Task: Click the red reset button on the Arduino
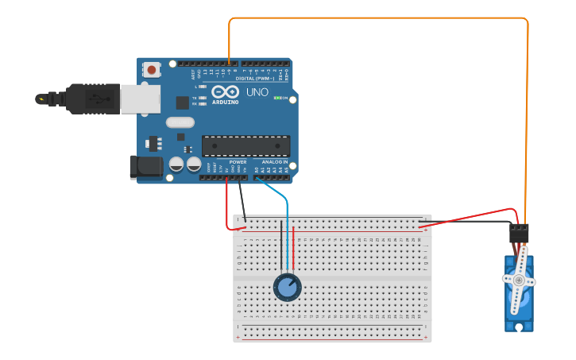[x=151, y=70]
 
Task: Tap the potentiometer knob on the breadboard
[x=287, y=287]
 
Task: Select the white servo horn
[x=519, y=280]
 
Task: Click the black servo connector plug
[x=519, y=232]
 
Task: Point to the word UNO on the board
[x=257, y=92]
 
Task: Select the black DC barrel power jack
[x=145, y=167]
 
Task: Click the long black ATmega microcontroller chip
[x=245, y=145]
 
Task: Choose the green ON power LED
[x=277, y=98]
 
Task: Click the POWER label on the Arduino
[x=238, y=161]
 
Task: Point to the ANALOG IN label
[x=274, y=161]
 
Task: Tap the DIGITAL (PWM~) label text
[x=254, y=78]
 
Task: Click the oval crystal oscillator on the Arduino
[x=180, y=122]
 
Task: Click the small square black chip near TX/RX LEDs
[x=182, y=102]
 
